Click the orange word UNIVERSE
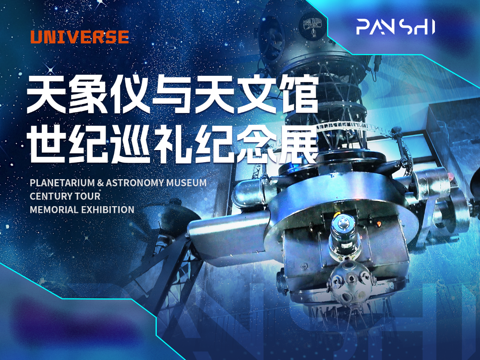[x=79, y=37]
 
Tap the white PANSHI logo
[x=395, y=27]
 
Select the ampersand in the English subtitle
[x=100, y=183]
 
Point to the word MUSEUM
[x=188, y=183]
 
